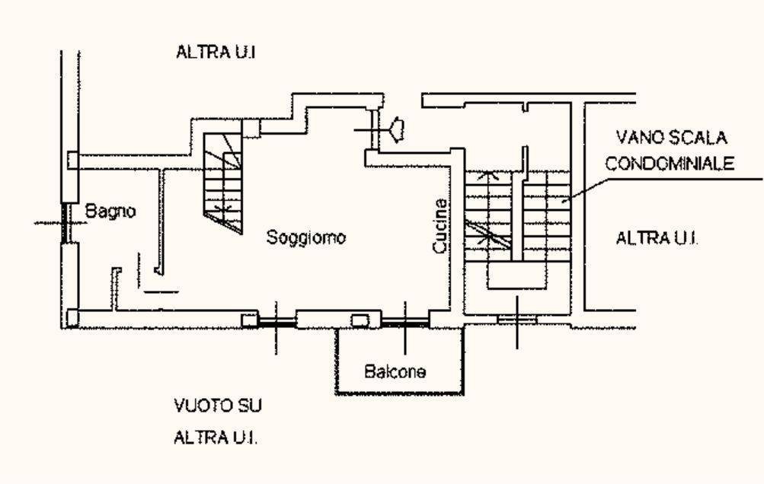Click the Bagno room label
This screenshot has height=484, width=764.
(x=110, y=212)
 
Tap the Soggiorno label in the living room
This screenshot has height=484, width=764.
(x=306, y=237)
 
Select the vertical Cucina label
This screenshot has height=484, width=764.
(x=440, y=225)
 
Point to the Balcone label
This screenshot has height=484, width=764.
(x=395, y=371)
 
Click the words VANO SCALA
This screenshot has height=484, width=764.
(x=671, y=137)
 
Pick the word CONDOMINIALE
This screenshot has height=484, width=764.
(x=670, y=163)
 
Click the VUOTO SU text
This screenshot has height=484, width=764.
(x=218, y=406)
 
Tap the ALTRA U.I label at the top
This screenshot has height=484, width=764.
(x=216, y=52)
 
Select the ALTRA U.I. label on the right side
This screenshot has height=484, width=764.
(x=657, y=238)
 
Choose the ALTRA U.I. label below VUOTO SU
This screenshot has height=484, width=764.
(x=216, y=438)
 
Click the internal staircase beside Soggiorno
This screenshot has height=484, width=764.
(x=222, y=183)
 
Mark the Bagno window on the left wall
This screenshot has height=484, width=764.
(x=66, y=223)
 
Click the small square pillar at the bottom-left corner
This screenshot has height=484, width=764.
(x=72, y=318)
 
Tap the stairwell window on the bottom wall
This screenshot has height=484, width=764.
(x=517, y=320)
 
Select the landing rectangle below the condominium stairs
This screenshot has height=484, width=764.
(x=516, y=276)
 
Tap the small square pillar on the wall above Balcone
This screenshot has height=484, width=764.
(x=360, y=320)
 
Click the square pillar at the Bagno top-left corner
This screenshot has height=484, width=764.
(x=72, y=160)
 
